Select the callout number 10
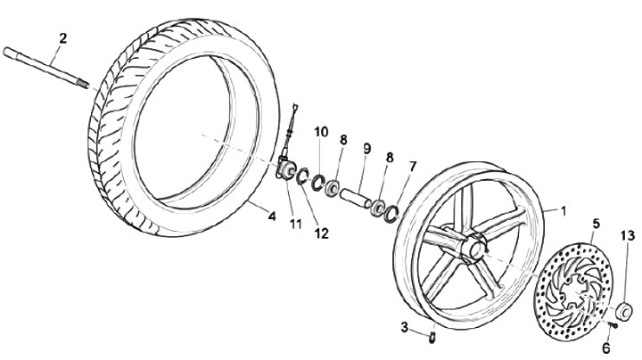(321, 133)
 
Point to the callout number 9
(365, 148)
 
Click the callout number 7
(412, 167)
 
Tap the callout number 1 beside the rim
(563, 210)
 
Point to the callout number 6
(605, 348)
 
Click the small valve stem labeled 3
(432, 336)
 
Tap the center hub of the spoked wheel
(473, 249)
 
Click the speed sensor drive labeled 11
(288, 167)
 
